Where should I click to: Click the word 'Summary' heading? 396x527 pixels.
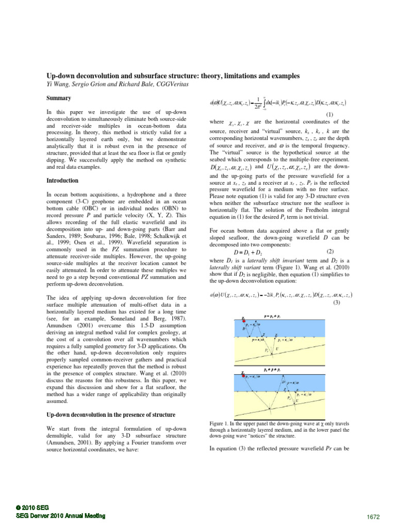click(x=58, y=98)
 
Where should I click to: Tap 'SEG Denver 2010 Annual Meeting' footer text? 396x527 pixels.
click(x=61, y=515)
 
